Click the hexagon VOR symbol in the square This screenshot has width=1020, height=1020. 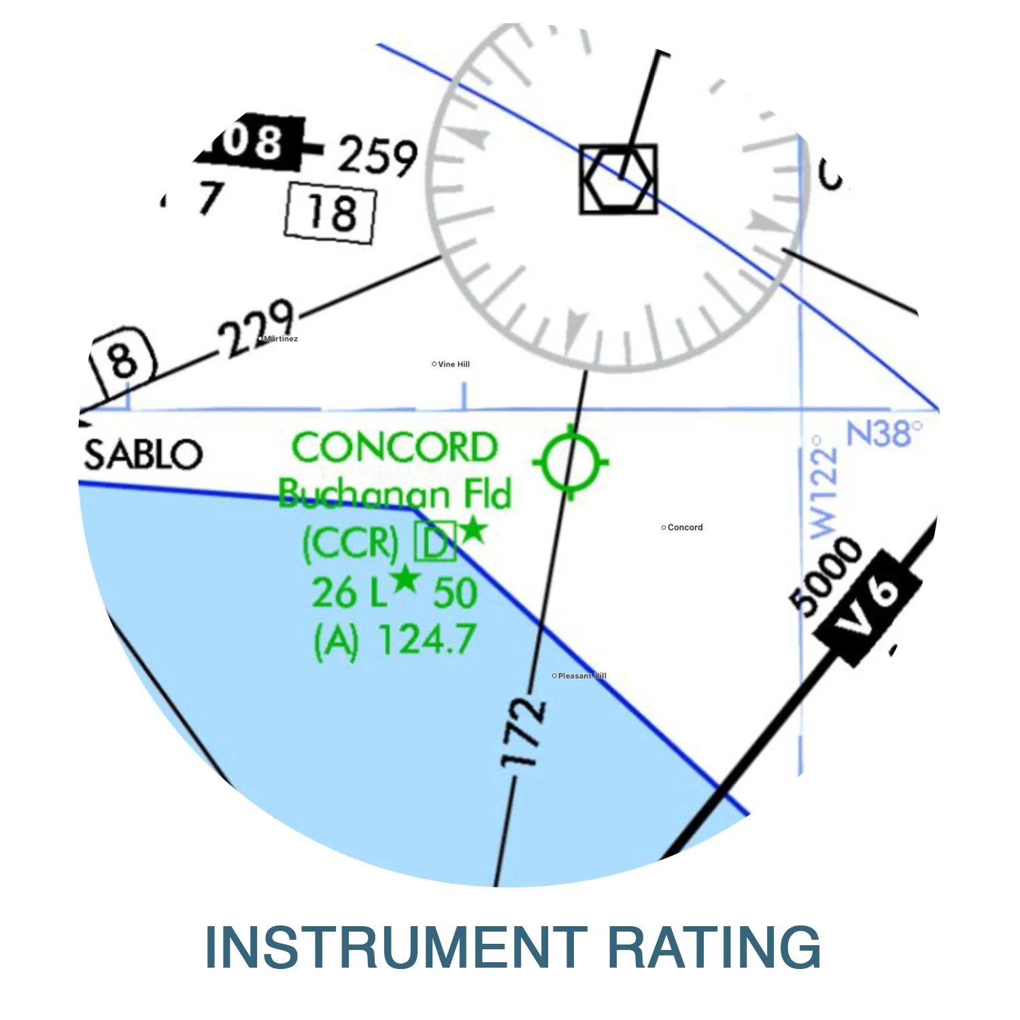618,179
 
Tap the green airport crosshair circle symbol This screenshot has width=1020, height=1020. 571,462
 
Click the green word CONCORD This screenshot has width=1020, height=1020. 394,448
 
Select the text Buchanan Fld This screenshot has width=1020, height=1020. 394,494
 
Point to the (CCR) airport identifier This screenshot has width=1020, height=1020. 350,543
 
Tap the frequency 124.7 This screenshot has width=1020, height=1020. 426,640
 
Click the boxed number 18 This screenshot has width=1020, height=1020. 330,213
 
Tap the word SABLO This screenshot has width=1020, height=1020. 143,454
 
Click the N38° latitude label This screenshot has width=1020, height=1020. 884,433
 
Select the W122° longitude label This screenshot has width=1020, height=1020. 823,486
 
